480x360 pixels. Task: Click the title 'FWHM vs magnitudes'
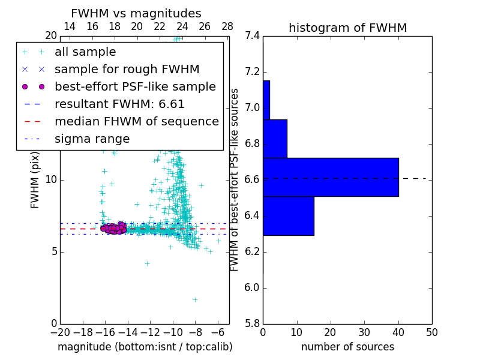(136, 14)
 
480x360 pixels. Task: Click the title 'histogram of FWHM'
(347, 28)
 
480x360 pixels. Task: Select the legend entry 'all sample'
(85, 52)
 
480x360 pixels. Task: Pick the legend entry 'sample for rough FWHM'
(127, 69)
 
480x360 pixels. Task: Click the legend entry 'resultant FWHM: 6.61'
(119, 104)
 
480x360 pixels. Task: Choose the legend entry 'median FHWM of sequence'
(136, 121)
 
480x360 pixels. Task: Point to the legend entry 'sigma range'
(92, 139)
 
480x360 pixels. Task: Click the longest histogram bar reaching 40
(331, 177)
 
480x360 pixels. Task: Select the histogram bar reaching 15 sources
(288, 215)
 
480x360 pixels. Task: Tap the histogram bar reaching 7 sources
(275, 139)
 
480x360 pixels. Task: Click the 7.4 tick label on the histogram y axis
(253, 36)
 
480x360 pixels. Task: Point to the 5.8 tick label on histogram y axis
(253, 323)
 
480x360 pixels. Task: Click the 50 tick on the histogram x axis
(431, 332)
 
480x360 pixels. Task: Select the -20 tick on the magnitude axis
(60, 332)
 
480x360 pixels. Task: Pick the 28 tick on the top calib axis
(227, 27)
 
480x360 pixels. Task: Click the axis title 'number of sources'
(347, 347)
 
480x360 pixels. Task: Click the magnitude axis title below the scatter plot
(145, 347)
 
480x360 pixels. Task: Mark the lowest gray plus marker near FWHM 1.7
(195, 299)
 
